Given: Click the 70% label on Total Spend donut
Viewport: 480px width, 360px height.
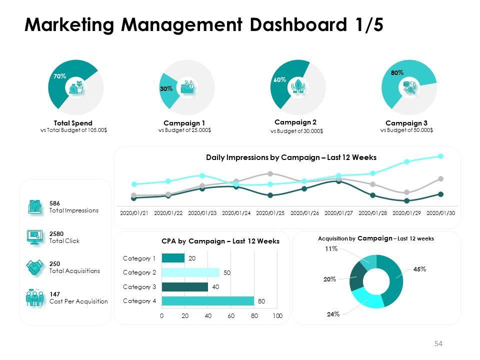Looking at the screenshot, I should coord(59,76).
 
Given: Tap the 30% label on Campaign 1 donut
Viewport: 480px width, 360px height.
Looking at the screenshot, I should coord(166,88).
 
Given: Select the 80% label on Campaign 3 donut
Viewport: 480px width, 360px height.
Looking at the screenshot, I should coord(397,72).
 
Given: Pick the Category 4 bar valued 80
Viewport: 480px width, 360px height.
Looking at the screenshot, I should coord(208,301).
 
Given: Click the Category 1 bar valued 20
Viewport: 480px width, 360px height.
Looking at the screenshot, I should coord(173,258).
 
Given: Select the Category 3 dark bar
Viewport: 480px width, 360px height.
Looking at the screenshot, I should coord(184,287).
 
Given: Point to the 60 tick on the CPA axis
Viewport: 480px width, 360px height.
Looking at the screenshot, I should coord(231,316).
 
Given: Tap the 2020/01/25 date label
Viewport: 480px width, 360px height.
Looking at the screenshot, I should coord(270,212).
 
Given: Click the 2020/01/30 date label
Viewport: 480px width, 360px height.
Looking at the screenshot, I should coord(440,212).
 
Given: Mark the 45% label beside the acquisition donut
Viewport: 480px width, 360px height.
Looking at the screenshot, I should coord(419,269).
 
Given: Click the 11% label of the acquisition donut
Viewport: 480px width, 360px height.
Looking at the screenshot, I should coord(331,248).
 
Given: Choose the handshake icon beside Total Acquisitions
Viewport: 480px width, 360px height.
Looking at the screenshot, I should coord(34,267).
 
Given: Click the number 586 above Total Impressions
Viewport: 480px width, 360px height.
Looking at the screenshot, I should coord(54,203).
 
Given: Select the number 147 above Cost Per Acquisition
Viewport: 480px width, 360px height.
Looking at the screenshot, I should coord(54,294).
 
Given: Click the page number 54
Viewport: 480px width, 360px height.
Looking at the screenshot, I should coord(438,343).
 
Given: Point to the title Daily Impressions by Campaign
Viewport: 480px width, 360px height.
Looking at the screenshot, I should coord(291,157).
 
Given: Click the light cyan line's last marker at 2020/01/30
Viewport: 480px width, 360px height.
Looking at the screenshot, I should coord(440,156).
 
